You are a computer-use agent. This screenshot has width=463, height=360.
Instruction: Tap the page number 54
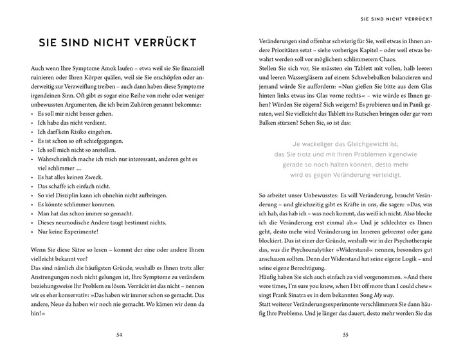118,335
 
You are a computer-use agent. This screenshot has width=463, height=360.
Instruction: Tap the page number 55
345,335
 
